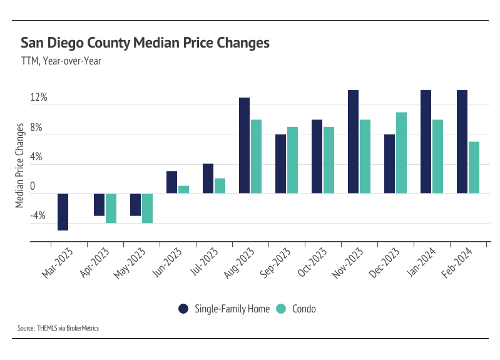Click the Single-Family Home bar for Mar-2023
click(x=63, y=212)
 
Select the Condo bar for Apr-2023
click(x=111, y=208)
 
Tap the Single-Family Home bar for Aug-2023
click(x=244, y=145)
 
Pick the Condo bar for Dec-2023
click(x=401, y=153)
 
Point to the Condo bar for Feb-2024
click(x=474, y=167)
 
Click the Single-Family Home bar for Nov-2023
click(x=353, y=141)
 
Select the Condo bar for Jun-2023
click(x=183, y=190)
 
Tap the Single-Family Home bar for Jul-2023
click(x=208, y=178)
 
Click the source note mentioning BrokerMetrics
click(x=59, y=327)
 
